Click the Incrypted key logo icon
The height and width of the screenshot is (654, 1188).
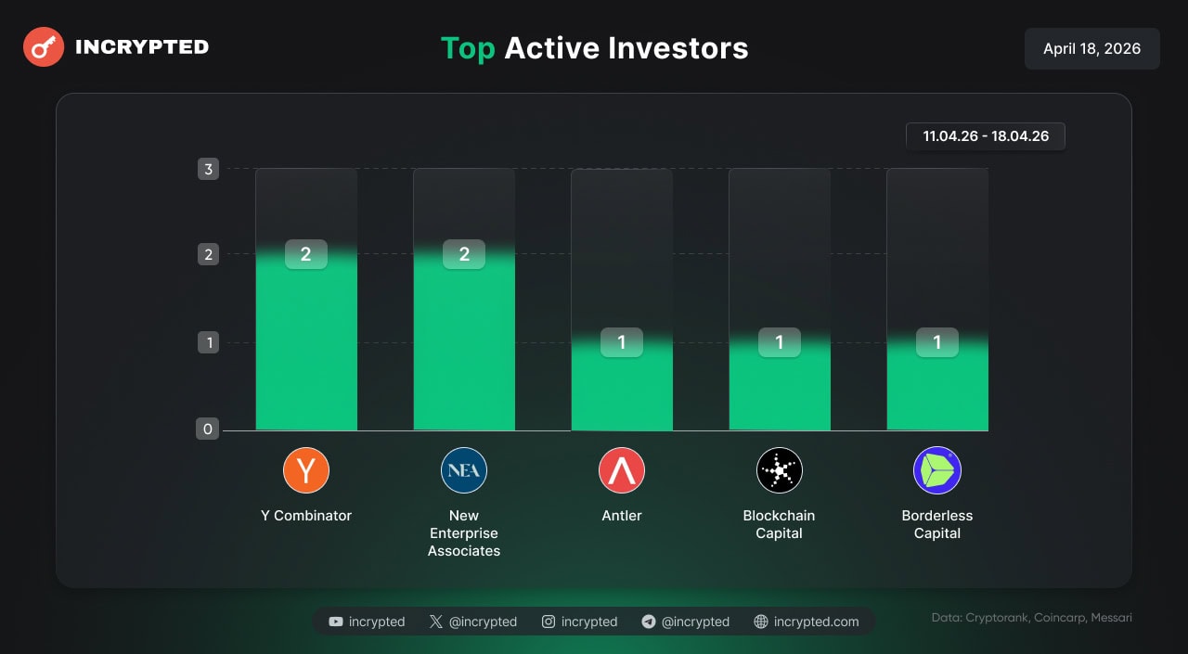click(x=43, y=46)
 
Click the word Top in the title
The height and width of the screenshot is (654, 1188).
click(x=468, y=48)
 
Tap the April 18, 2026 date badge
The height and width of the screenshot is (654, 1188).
click(x=1091, y=48)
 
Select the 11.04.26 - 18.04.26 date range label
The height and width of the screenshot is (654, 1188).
click(x=986, y=136)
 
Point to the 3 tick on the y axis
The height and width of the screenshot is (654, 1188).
click(x=208, y=169)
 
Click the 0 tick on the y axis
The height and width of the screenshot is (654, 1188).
click(x=208, y=429)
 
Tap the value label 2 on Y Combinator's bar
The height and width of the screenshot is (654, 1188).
click(x=306, y=254)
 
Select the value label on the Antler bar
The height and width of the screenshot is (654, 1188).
click(x=622, y=342)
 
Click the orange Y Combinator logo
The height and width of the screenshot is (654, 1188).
click(x=306, y=470)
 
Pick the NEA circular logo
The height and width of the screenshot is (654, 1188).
click(x=464, y=470)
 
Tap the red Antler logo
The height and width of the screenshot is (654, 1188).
click(x=622, y=470)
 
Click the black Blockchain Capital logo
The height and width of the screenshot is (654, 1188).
click(x=780, y=470)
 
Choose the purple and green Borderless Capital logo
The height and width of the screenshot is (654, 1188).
click(x=937, y=470)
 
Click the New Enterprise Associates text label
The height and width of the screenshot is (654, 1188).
click(x=464, y=533)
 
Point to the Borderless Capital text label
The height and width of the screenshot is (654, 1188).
click(x=937, y=524)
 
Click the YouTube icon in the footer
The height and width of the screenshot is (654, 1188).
click(x=336, y=622)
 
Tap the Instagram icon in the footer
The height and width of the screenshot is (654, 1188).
click(x=549, y=622)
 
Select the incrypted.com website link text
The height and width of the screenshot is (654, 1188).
click(x=816, y=622)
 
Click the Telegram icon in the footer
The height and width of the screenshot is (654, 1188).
click(x=649, y=622)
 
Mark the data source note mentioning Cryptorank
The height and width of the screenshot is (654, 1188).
click(x=1031, y=618)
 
